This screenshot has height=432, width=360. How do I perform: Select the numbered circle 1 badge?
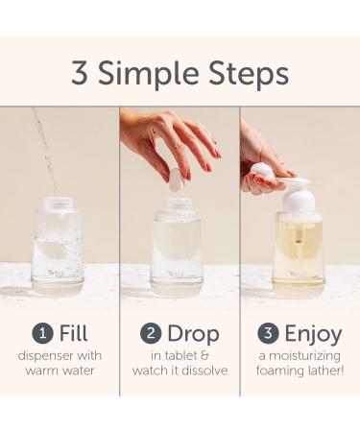click(x=41, y=335)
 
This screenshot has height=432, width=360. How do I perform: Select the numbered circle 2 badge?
click(x=150, y=335)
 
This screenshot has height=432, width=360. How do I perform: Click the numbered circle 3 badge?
click(x=269, y=335)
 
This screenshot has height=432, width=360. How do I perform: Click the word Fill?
click(x=73, y=334)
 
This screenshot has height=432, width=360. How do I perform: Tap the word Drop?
click(x=192, y=334)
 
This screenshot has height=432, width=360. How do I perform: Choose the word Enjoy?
click(x=312, y=334)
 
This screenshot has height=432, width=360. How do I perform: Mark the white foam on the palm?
click(x=262, y=171)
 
